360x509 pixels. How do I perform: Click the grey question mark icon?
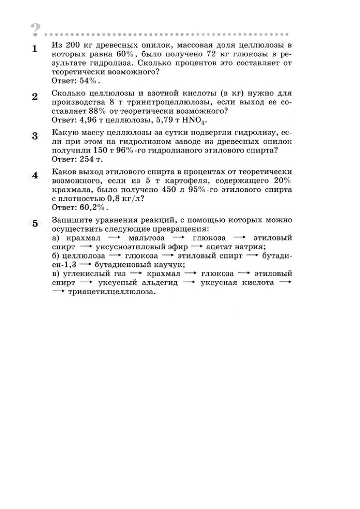35,30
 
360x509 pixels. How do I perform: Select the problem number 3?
35,136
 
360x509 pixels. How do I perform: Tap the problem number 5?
35,223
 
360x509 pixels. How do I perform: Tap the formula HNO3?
195,120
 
